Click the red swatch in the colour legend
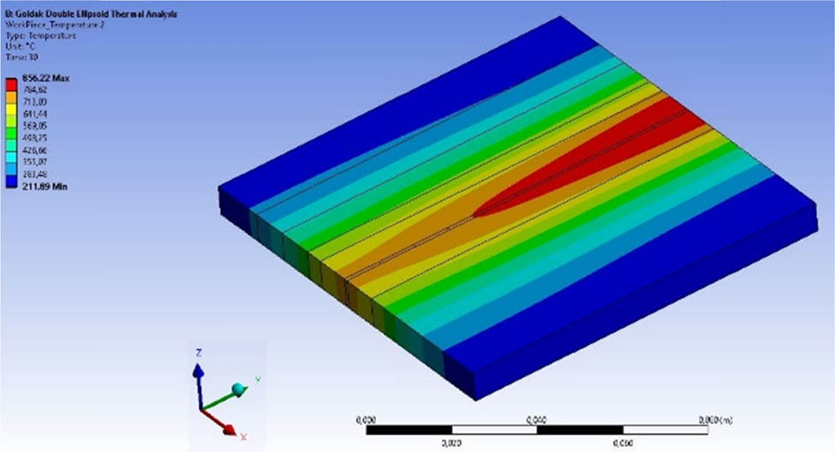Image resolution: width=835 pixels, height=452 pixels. (x=12, y=83)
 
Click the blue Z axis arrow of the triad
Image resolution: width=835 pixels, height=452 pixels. (x=198, y=377)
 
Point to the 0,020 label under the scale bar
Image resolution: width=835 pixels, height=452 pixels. (x=450, y=443)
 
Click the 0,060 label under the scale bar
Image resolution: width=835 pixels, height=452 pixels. (x=622, y=443)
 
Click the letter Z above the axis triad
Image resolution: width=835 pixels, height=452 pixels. (x=198, y=353)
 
